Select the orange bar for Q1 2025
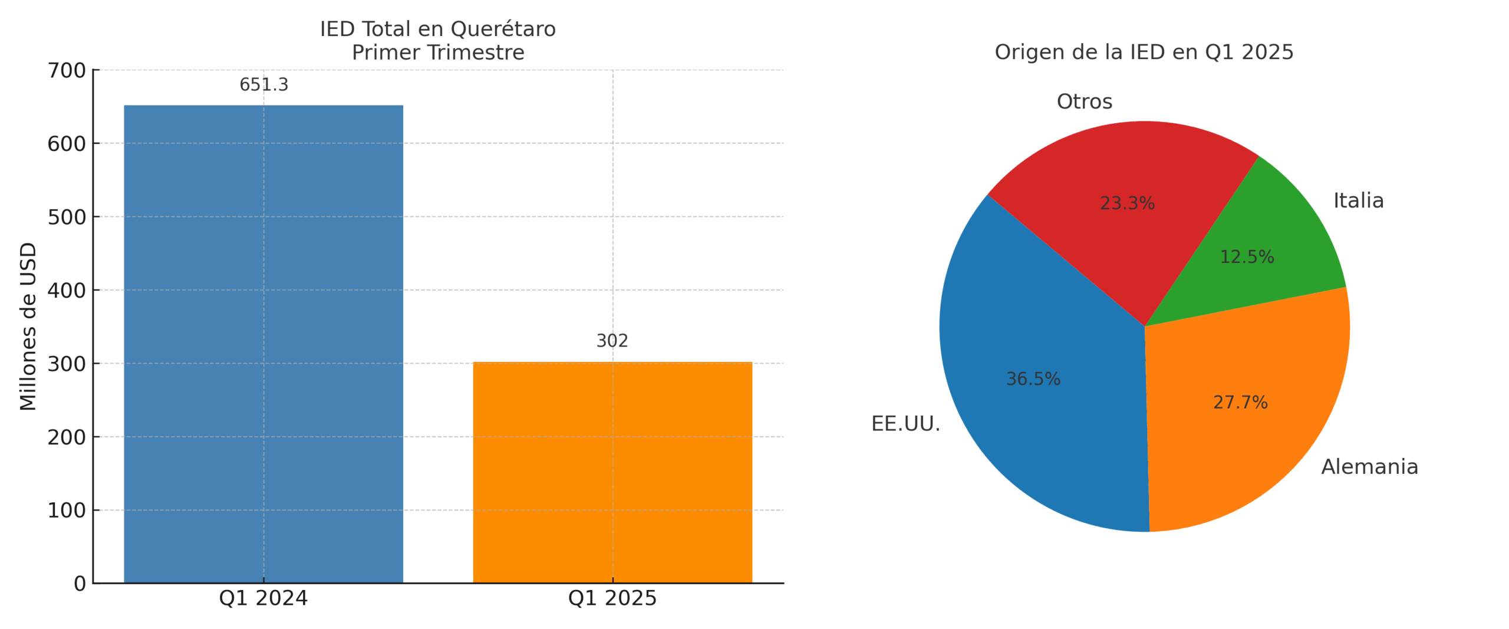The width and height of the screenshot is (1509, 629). click(612, 472)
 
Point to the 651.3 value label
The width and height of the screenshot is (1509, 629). click(263, 85)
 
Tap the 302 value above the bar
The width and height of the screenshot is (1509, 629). click(612, 341)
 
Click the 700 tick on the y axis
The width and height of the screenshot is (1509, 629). click(67, 71)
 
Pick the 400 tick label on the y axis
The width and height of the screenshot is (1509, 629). click(67, 291)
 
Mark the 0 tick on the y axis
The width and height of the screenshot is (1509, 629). click(80, 584)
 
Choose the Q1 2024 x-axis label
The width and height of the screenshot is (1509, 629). click(263, 598)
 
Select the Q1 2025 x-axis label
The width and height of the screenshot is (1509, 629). click(612, 598)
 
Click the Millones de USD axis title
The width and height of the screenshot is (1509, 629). click(28, 326)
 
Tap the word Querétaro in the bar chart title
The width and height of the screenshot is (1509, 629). click(503, 29)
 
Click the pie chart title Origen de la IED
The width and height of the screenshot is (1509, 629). click(1144, 52)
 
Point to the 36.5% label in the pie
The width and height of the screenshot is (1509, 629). click(1033, 379)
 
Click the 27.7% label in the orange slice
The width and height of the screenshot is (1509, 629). click(1240, 403)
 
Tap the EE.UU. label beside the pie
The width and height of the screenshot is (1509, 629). click(905, 424)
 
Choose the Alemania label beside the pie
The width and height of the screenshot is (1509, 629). click(1369, 467)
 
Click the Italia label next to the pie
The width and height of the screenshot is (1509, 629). click(1358, 201)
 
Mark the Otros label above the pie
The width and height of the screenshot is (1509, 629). click(1084, 102)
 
